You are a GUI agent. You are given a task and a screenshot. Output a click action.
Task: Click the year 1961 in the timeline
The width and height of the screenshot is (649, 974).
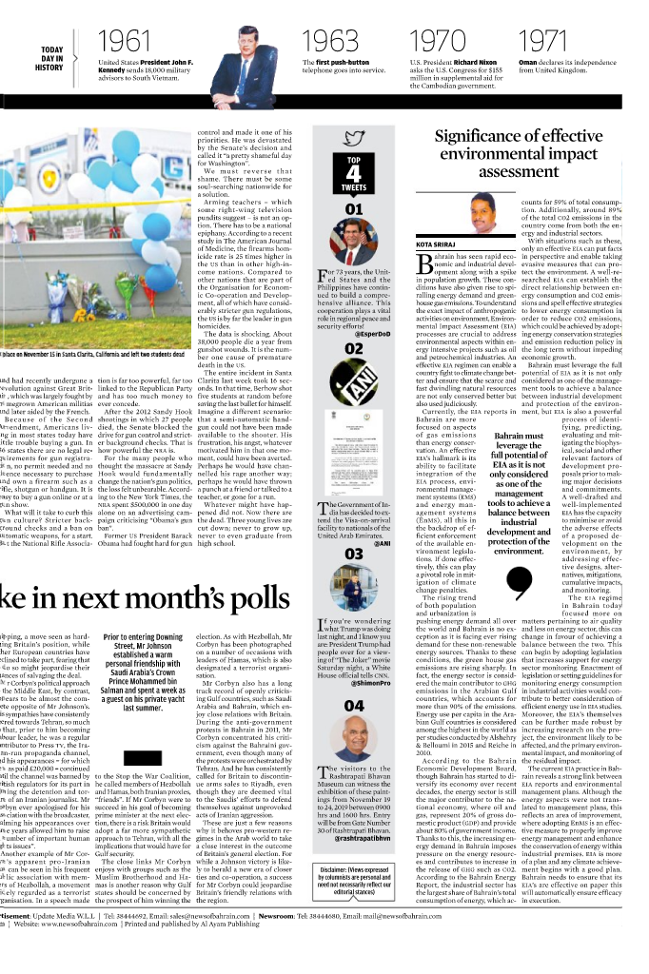(125, 41)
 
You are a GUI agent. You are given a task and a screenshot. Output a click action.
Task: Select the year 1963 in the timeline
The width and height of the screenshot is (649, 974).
(328, 41)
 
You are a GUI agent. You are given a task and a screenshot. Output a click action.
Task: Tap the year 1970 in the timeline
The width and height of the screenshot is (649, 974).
(438, 41)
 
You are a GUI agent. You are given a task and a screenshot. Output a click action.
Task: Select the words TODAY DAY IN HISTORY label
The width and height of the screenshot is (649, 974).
(52, 58)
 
